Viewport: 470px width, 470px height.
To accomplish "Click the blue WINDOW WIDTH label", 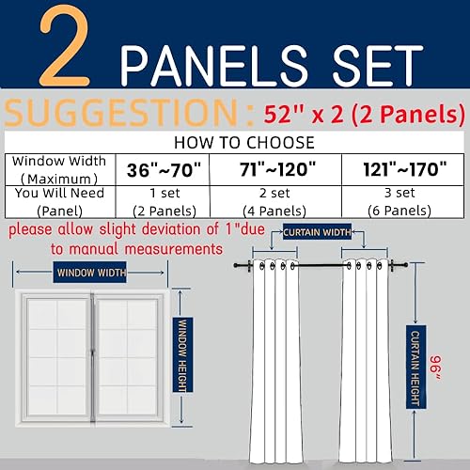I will [x=90, y=274].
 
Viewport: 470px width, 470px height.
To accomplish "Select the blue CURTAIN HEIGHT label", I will [x=414, y=372].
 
